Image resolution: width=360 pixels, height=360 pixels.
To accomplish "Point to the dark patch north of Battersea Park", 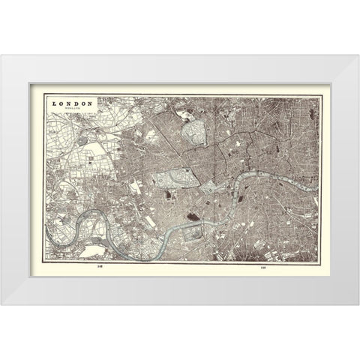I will [193, 217].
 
